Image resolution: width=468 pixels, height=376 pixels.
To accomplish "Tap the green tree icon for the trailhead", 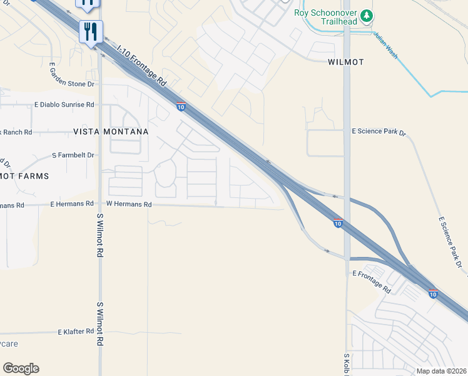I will [x=367, y=15].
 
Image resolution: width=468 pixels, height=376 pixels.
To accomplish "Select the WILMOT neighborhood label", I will [x=345, y=62].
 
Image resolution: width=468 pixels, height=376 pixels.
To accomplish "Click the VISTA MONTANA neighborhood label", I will [x=111, y=132].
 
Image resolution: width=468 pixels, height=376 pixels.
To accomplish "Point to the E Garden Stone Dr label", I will [x=73, y=83].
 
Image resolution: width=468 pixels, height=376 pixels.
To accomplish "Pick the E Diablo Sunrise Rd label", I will [x=64, y=105].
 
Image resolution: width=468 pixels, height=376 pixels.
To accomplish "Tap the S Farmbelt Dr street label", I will [x=73, y=155].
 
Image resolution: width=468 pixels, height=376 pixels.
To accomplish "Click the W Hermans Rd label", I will [x=129, y=204].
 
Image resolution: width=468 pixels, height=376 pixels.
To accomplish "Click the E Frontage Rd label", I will [x=372, y=283].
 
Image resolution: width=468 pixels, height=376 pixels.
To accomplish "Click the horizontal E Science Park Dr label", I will [x=379, y=133].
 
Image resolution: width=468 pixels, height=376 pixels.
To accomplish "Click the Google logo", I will [x=21, y=368].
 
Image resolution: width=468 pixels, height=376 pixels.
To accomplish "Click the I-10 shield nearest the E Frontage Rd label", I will [x=433, y=293].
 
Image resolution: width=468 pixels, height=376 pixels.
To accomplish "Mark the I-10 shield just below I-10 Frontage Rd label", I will [x=180, y=107].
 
